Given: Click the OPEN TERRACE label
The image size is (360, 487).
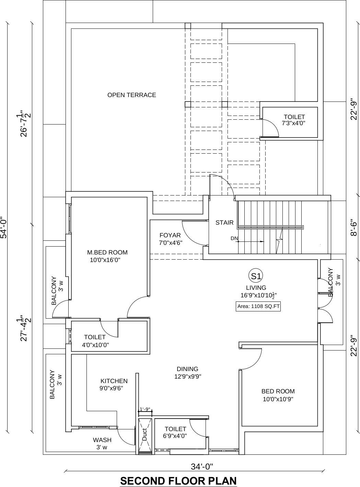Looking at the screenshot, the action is (x=132, y=95).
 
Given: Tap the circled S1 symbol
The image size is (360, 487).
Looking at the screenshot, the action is (x=256, y=276).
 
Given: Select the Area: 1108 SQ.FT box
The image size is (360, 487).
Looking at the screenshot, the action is (x=258, y=306).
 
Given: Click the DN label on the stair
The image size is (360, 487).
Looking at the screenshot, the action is (x=234, y=238).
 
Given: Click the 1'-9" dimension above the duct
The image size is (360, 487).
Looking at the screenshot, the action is (x=145, y=409).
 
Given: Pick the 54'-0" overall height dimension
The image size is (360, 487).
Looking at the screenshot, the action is (x=4, y=228).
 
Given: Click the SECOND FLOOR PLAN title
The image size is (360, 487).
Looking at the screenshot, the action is (x=178, y=479).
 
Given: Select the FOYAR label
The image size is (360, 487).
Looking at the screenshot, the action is (x=170, y=235).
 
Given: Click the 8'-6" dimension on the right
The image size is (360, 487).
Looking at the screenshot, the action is (x=353, y=227).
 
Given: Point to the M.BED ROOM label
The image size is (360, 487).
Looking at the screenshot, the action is (x=107, y=252).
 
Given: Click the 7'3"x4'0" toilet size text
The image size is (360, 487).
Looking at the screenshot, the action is (x=294, y=123).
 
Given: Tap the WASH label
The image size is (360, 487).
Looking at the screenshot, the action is (x=102, y=440).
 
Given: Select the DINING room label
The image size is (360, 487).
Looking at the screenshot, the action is (x=187, y=369).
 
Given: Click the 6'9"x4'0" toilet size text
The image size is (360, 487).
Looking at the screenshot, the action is (x=175, y=436).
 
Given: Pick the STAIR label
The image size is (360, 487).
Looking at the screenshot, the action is (x=224, y=223).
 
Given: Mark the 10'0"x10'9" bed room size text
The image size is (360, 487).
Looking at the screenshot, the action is (x=278, y=399).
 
